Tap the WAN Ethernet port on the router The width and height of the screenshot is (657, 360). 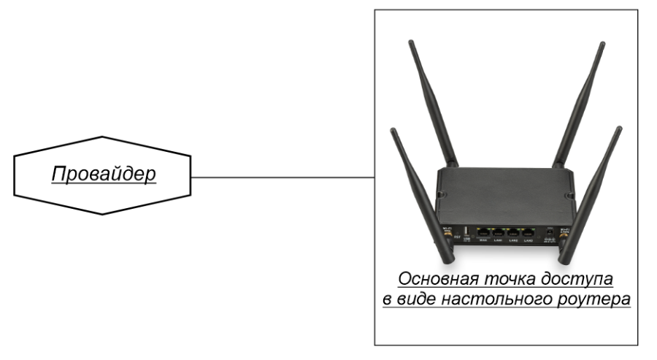point(483,232)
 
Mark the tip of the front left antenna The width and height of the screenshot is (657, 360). point(393,130)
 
